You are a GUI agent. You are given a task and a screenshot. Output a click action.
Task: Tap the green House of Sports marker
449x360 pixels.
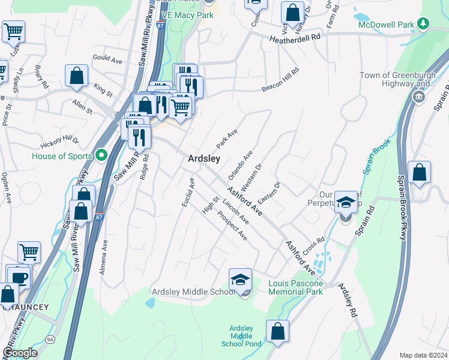click(101, 156)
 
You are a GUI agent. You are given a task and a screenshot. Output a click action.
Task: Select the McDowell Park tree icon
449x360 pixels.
click(424, 23)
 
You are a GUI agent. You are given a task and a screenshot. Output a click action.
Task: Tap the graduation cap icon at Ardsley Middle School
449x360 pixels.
click(240, 279)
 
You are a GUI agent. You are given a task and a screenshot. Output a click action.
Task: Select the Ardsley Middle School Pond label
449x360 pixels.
click(241, 336)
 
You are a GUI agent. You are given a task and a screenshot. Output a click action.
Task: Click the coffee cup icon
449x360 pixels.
click(19, 277)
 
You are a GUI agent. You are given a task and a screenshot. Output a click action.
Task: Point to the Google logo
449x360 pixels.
click(19, 353)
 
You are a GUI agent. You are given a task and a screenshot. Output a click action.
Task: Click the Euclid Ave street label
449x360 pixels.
click(188, 193)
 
